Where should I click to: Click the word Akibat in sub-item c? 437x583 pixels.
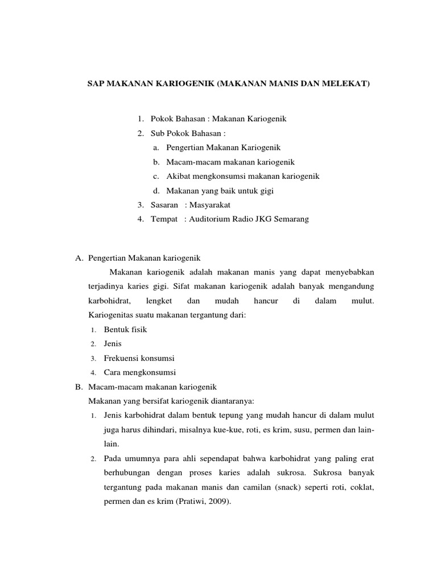tap(177, 176)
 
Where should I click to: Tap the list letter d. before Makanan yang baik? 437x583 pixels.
tap(156, 191)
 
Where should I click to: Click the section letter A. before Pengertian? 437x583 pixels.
tap(80, 258)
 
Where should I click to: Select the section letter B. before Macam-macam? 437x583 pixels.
tap(80, 387)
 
